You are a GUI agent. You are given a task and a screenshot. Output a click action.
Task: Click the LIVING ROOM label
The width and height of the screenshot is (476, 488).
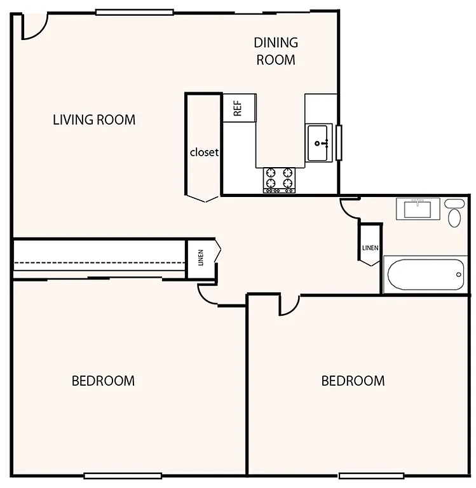[x=94, y=119]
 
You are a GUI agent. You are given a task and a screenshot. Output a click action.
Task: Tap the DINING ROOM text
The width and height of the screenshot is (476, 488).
[x=275, y=51]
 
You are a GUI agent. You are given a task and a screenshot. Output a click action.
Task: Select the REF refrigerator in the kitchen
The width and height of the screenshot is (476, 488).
[x=239, y=107]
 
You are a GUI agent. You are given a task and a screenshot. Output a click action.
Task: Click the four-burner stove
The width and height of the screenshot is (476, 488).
[x=280, y=179]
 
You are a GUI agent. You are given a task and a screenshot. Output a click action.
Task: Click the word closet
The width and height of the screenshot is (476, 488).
[x=204, y=152]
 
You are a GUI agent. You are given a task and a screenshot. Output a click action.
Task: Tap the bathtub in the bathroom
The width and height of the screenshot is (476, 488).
[x=425, y=274]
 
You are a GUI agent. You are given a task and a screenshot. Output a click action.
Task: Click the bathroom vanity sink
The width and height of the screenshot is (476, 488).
[x=418, y=208]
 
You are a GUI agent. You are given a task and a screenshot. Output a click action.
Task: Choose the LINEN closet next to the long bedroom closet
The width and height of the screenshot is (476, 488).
[x=201, y=259]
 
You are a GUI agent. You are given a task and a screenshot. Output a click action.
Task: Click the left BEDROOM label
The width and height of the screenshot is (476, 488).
[x=103, y=381]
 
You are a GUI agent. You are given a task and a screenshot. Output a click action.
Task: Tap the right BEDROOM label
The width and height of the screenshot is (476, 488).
[x=353, y=381]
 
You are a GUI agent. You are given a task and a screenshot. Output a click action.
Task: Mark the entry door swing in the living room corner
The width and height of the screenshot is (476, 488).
[x=33, y=27]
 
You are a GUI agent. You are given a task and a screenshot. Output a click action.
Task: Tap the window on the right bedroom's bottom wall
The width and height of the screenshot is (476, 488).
[x=371, y=476]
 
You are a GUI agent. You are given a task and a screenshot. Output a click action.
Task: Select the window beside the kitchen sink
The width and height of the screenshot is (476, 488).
[x=339, y=142]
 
